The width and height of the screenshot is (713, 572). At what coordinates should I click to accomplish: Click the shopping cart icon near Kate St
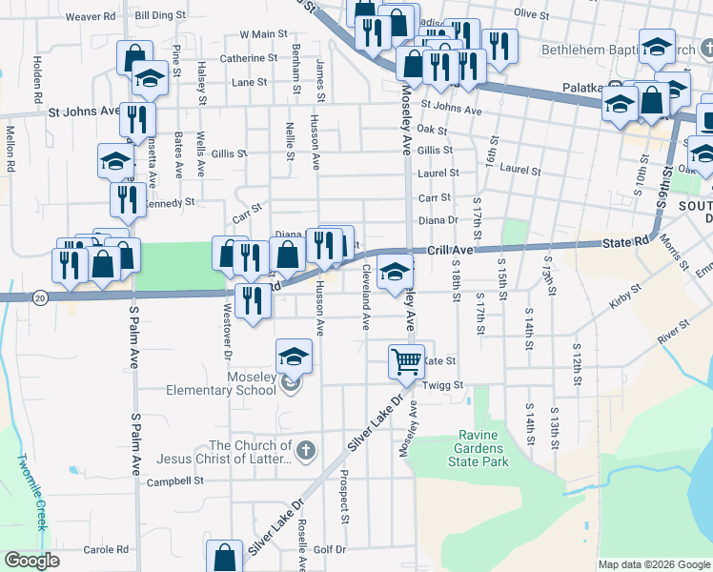coord(406,360)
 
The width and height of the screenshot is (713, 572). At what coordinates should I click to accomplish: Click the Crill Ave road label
coord(450,250)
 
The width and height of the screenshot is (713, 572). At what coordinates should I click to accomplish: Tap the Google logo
coord(32,561)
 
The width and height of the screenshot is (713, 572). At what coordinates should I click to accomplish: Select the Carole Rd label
coord(106,550)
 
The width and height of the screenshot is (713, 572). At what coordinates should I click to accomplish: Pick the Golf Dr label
coord(329,550)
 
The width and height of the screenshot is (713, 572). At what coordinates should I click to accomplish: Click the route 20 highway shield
coord(39,297)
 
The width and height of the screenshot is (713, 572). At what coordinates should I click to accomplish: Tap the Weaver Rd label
coord(90,16)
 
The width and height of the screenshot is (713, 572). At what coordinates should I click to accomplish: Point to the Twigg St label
coord(443,386)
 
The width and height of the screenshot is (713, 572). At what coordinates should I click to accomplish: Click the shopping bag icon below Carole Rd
coord(224,559)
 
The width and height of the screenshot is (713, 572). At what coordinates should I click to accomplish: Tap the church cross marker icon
coord(305,450)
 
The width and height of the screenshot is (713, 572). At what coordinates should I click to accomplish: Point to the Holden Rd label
coord(37,79)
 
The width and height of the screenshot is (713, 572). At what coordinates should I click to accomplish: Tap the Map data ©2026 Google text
coord(653,564)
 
